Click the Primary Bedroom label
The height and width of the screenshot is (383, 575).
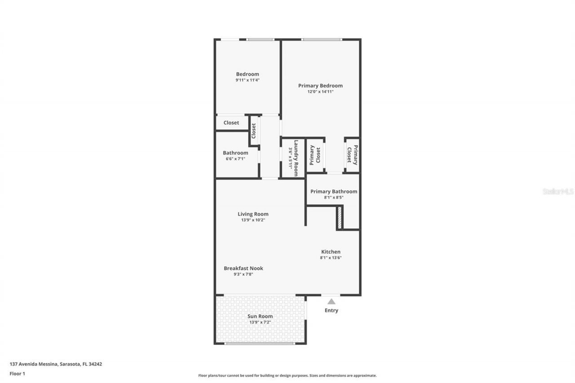click(x=320, y=86)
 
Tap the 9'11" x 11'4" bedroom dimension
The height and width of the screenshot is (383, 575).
click(x=248, y=80)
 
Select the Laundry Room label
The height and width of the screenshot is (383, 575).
click(x=296, y=158)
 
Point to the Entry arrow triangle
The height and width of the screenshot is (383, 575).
click(x=331, y=302)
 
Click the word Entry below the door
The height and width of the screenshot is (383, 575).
click(x=331, y=310)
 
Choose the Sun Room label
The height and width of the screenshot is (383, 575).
click(x=260, y=316)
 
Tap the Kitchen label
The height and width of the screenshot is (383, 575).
click(x=331, y=252)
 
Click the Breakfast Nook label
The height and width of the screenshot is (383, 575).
click(x=243, y=269)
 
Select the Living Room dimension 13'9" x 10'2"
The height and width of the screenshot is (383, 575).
click(x=253, y=220)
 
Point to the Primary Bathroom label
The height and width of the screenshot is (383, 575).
click(x=334, y=191)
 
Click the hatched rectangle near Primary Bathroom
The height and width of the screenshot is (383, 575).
click(x=340, y=218)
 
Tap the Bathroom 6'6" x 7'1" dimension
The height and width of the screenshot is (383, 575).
click(x=235, y=158)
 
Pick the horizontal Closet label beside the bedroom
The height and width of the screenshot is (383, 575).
click(x=231, y=123)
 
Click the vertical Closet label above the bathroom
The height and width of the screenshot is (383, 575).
click(x=253, y=131)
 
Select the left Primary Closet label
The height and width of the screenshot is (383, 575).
click(x=315, y=155)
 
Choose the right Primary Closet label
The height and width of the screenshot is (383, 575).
click(x=352, y=155)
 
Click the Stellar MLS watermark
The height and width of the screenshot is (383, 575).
click(x=558, y=191)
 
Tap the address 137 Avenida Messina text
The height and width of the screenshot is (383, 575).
click(x=56, y=364)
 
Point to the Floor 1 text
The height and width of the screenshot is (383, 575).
click(x=18, y=374)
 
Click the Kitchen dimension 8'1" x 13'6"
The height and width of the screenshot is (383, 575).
click(x=331, y=258)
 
